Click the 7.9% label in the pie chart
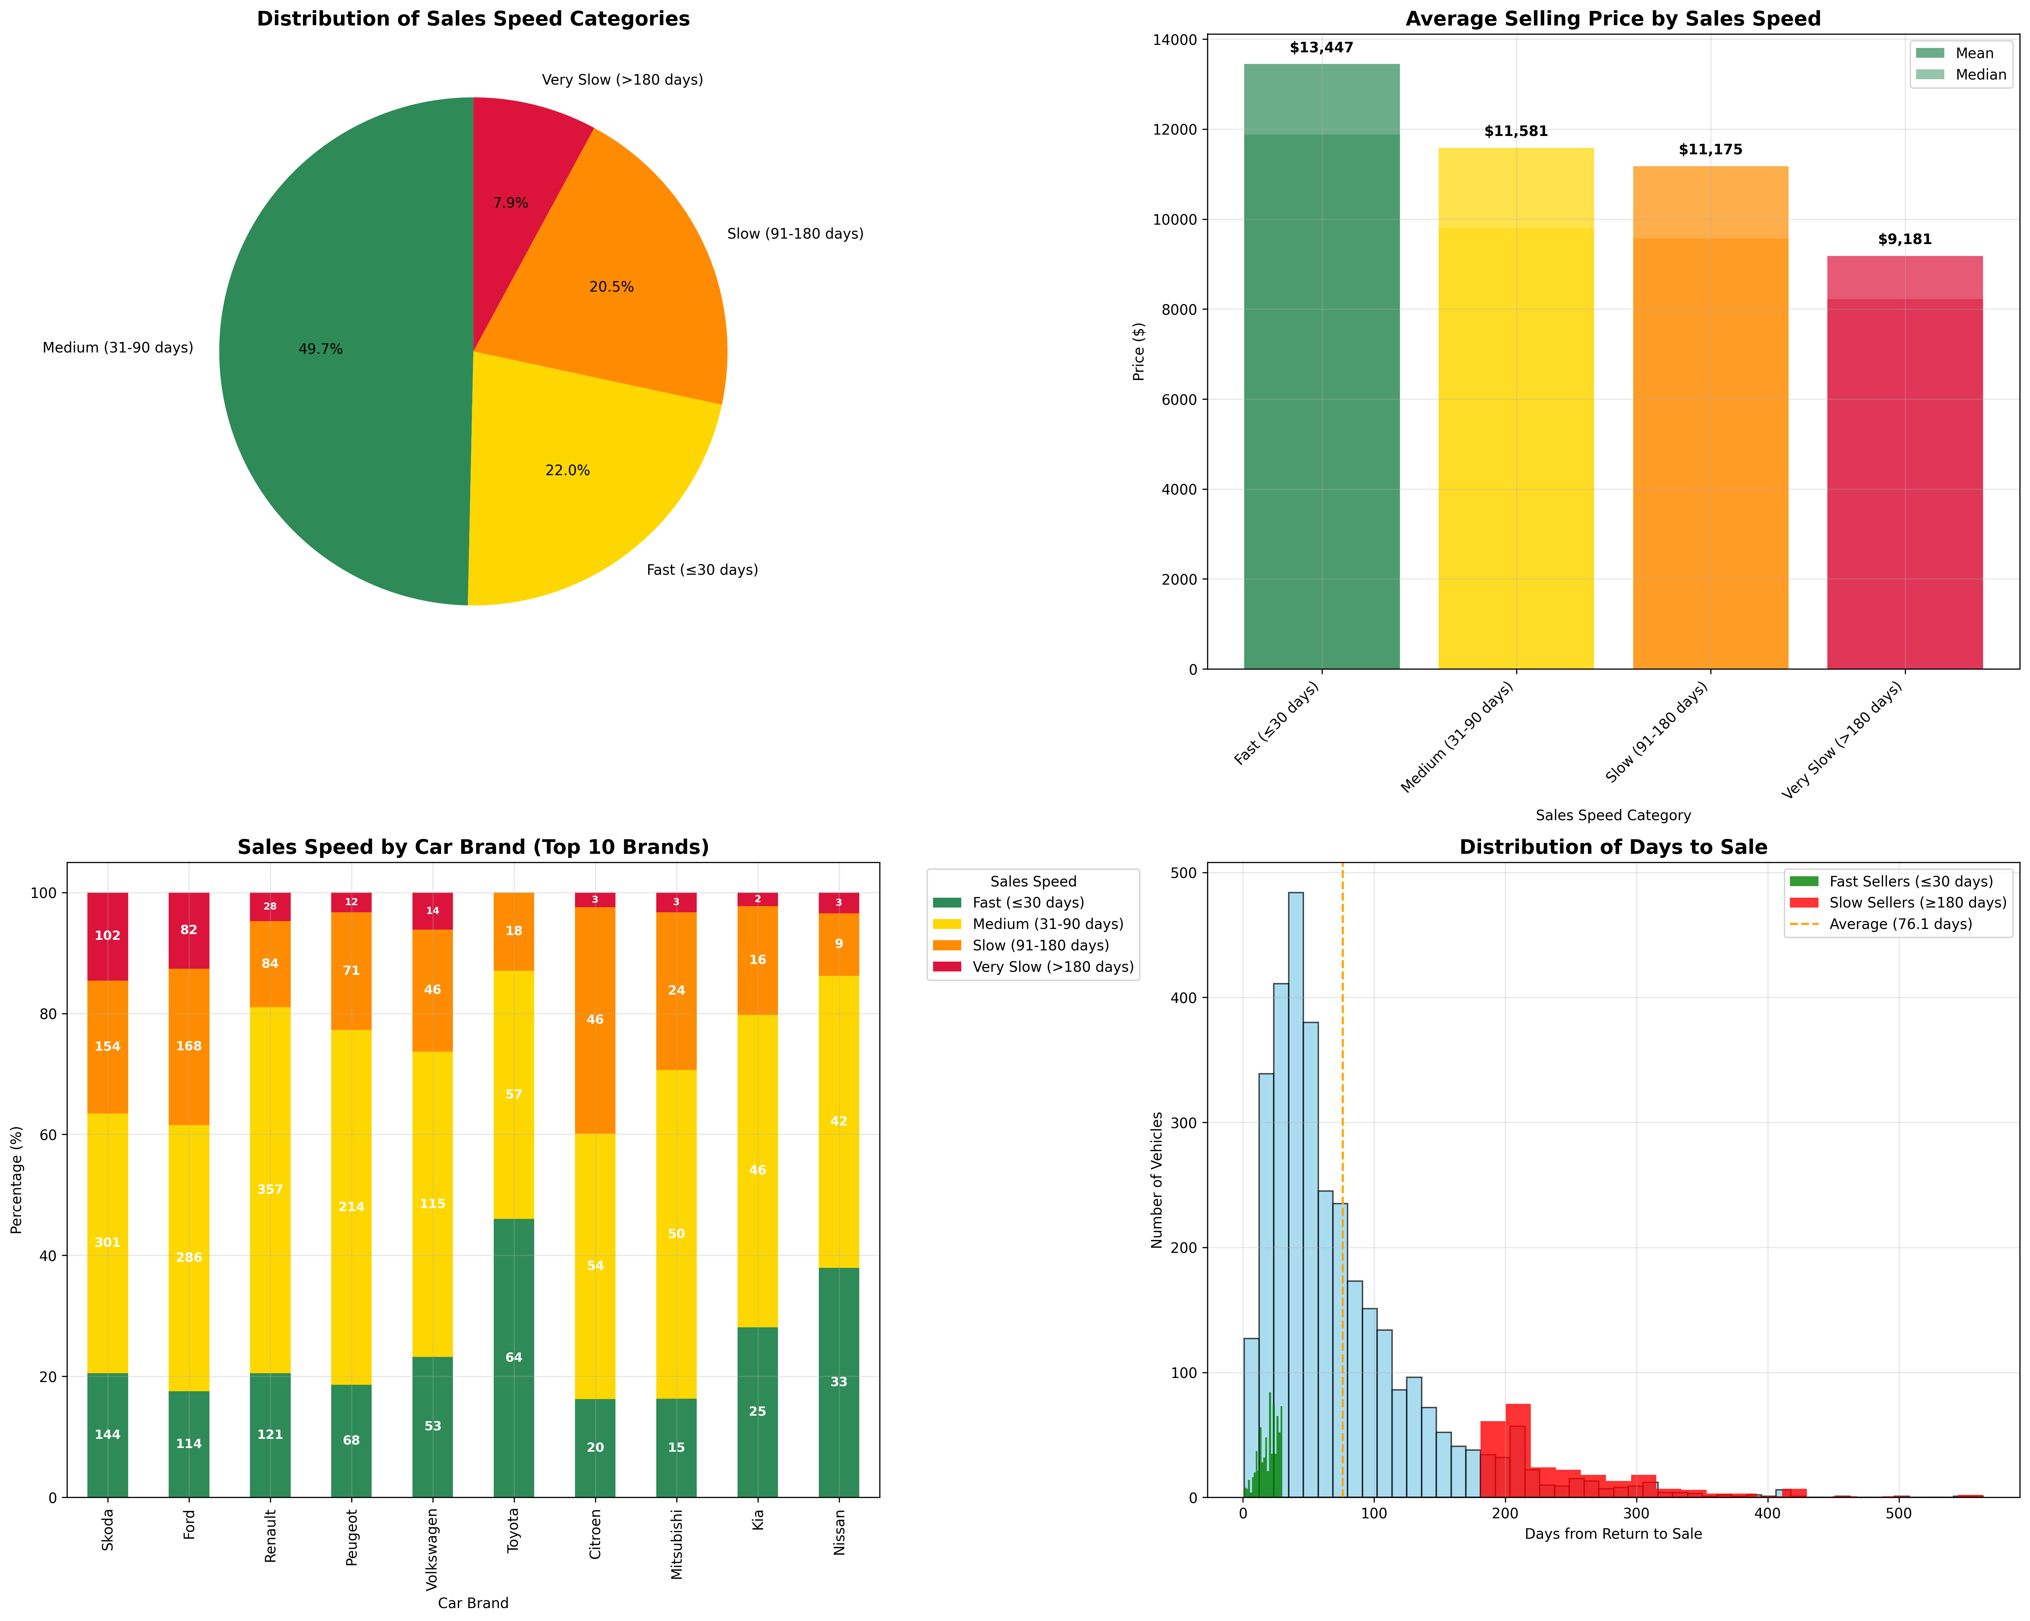510,203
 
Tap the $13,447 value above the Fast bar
1321,48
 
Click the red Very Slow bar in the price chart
1904,471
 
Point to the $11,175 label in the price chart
1710,150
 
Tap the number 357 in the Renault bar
270,1190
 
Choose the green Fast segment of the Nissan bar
838,1384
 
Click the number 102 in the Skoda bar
107,936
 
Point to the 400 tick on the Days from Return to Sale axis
1767,1514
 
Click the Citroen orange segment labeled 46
595,1019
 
